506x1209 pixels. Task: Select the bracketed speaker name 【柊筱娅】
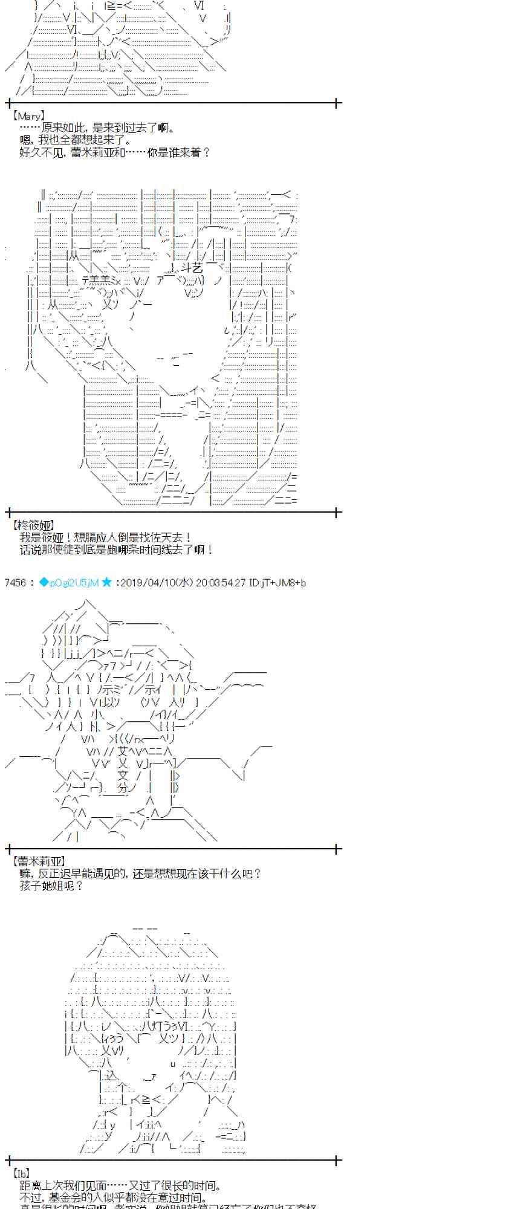[33, 525]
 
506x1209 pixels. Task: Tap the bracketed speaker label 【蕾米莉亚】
[37, 861]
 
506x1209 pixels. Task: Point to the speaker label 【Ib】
[21, 1173]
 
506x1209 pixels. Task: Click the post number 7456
[15, 583]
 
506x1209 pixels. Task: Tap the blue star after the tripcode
[106, 583]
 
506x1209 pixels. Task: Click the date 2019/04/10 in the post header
[149, 583]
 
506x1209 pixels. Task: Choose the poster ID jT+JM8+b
[283, 583]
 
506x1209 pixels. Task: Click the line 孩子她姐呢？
[51, 886]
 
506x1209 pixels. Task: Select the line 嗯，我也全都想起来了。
[75, 140]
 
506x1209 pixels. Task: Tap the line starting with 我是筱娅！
[106, 537]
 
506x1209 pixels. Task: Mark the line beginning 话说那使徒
[116, 549]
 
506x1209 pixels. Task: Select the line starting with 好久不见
[114, 152]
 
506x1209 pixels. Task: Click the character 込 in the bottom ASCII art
[110, 1075]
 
